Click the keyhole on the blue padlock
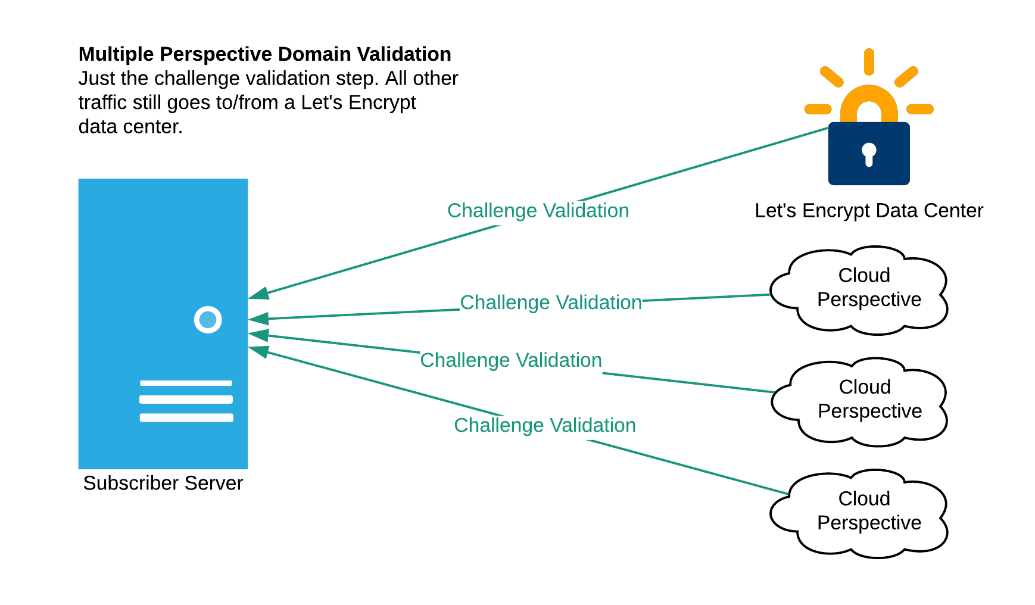click(869, 154)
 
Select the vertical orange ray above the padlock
click(869, 62)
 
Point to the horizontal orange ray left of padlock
click(818, 109)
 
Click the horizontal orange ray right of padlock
click(920, 109)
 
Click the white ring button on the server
click(208, 320)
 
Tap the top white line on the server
click(186, 383)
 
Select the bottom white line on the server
click(186, 417)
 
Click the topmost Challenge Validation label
click(538, 211)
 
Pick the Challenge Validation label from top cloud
click(551, 302)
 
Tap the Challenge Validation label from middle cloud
click(511, 360)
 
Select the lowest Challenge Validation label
click(545, 425)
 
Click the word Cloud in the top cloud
click(864, 275)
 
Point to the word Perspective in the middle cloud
click(869, 411)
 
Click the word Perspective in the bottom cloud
click(869, 523)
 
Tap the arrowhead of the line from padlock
click(258, 294)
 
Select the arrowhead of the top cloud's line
click(258, 319)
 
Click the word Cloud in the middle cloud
click(865, 387)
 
